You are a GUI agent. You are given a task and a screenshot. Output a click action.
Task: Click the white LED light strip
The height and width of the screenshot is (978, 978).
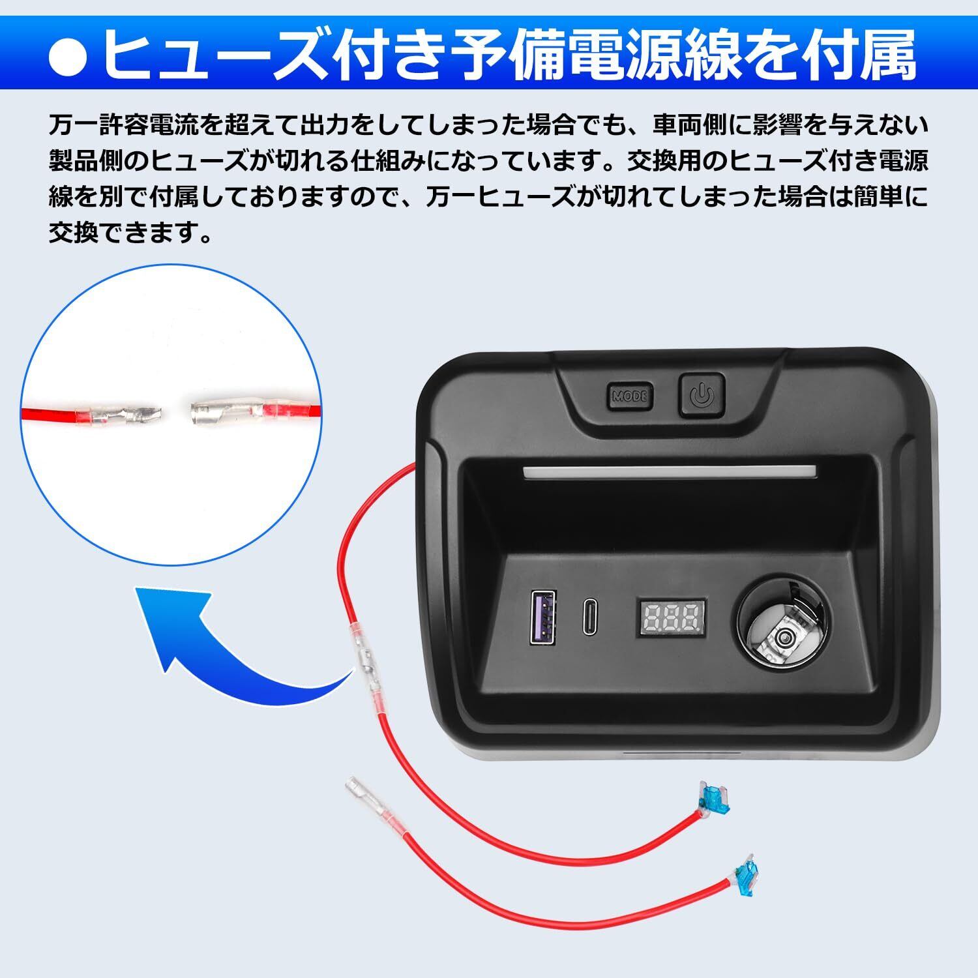coord(670,472)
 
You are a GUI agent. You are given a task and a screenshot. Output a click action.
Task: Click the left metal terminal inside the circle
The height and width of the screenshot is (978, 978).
coord(127,414)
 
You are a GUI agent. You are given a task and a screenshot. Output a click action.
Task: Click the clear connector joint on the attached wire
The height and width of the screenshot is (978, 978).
coord(364,659)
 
